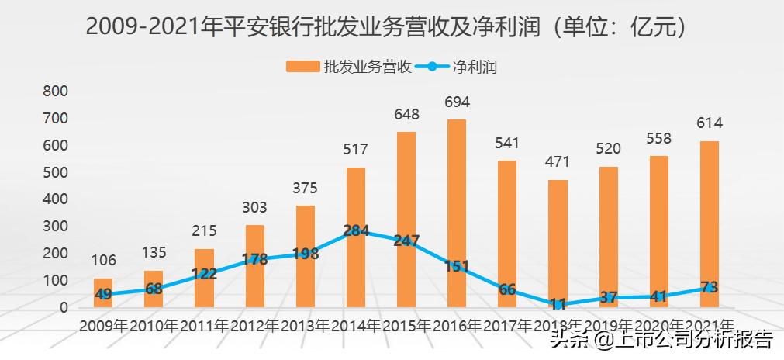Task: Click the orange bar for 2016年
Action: coord(457,213)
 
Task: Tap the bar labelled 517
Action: coord(356,237)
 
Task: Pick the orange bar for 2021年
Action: coord(709,224)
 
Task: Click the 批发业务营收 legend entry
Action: coord(348,67)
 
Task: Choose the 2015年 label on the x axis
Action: coord(406,326)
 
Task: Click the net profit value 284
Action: coord(356,231)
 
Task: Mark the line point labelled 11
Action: coord(558,304)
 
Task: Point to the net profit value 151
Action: coord(457,267)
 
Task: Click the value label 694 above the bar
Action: coord(457,102)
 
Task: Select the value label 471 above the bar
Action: coord(558,162)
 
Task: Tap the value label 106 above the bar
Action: coord(103,261)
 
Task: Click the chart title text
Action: coord(386,28)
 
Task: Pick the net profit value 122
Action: coord(205,274)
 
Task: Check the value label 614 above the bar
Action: coord(709,123)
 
